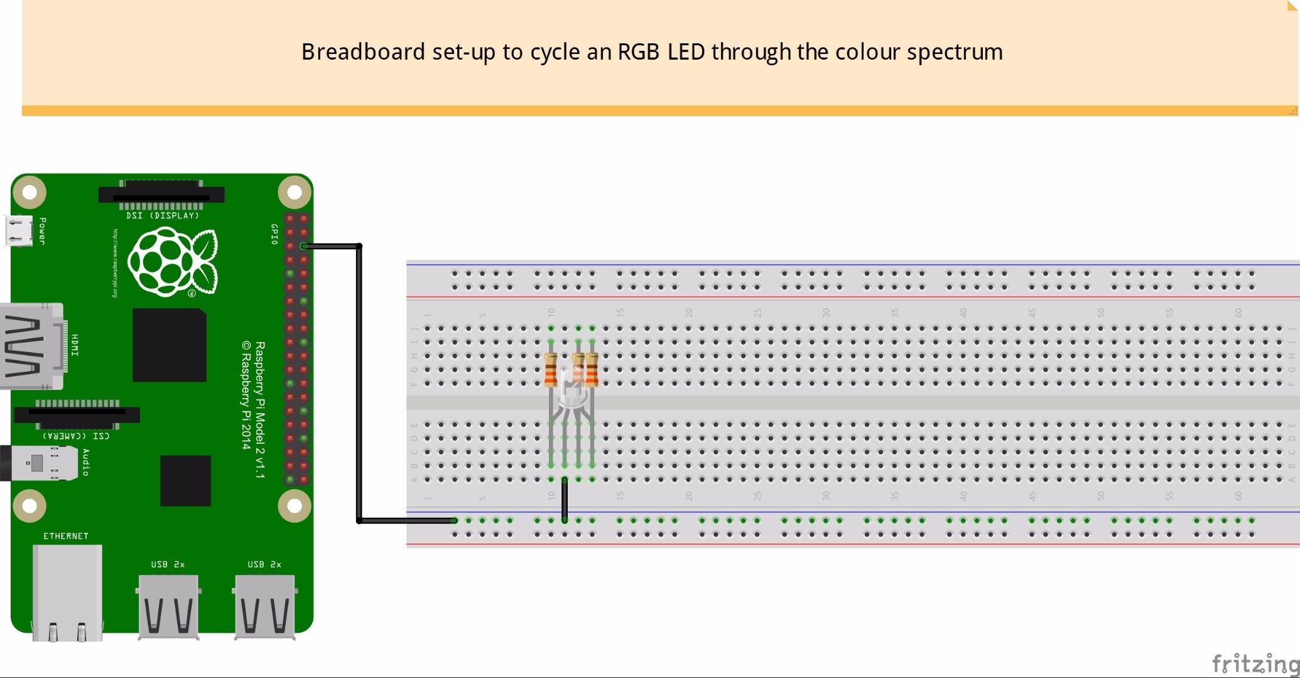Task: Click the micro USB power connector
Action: tap(19, 231)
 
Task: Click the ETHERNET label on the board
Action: tap(65, 536)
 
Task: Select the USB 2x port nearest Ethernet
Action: tap(168, 606)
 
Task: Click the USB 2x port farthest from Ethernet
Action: tap(264, 606)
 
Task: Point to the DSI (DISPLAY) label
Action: tap(162, 215)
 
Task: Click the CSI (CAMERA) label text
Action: tap(76, 436)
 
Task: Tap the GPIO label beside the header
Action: tap(274, 234)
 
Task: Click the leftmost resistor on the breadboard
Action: tap(551, 369)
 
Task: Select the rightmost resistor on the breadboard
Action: tap(592, 369)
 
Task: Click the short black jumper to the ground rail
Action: tap(565, 500)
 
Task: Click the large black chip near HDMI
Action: tap(169, 345)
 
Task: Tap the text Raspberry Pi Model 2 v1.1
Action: tap(260, 409)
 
